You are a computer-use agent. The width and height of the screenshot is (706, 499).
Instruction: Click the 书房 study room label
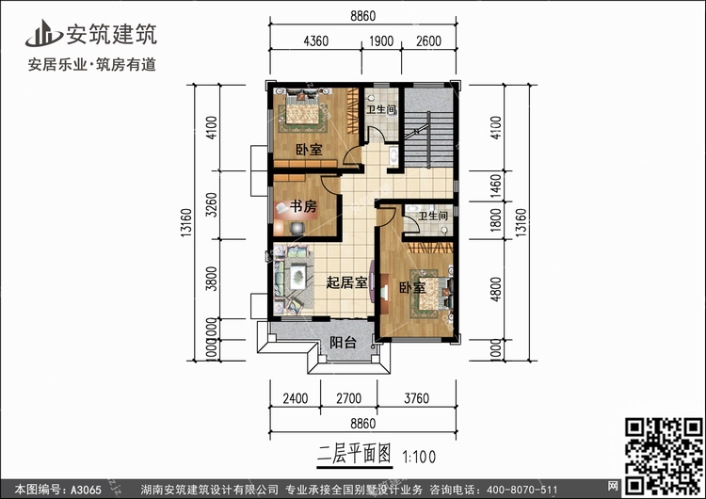coord(301,207)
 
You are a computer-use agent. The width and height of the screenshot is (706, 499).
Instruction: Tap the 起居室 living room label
coord(346,282)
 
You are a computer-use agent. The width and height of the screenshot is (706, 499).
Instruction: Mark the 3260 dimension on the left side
coord(212,205)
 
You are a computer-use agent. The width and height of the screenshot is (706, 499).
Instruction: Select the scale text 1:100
coord(421,457)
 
